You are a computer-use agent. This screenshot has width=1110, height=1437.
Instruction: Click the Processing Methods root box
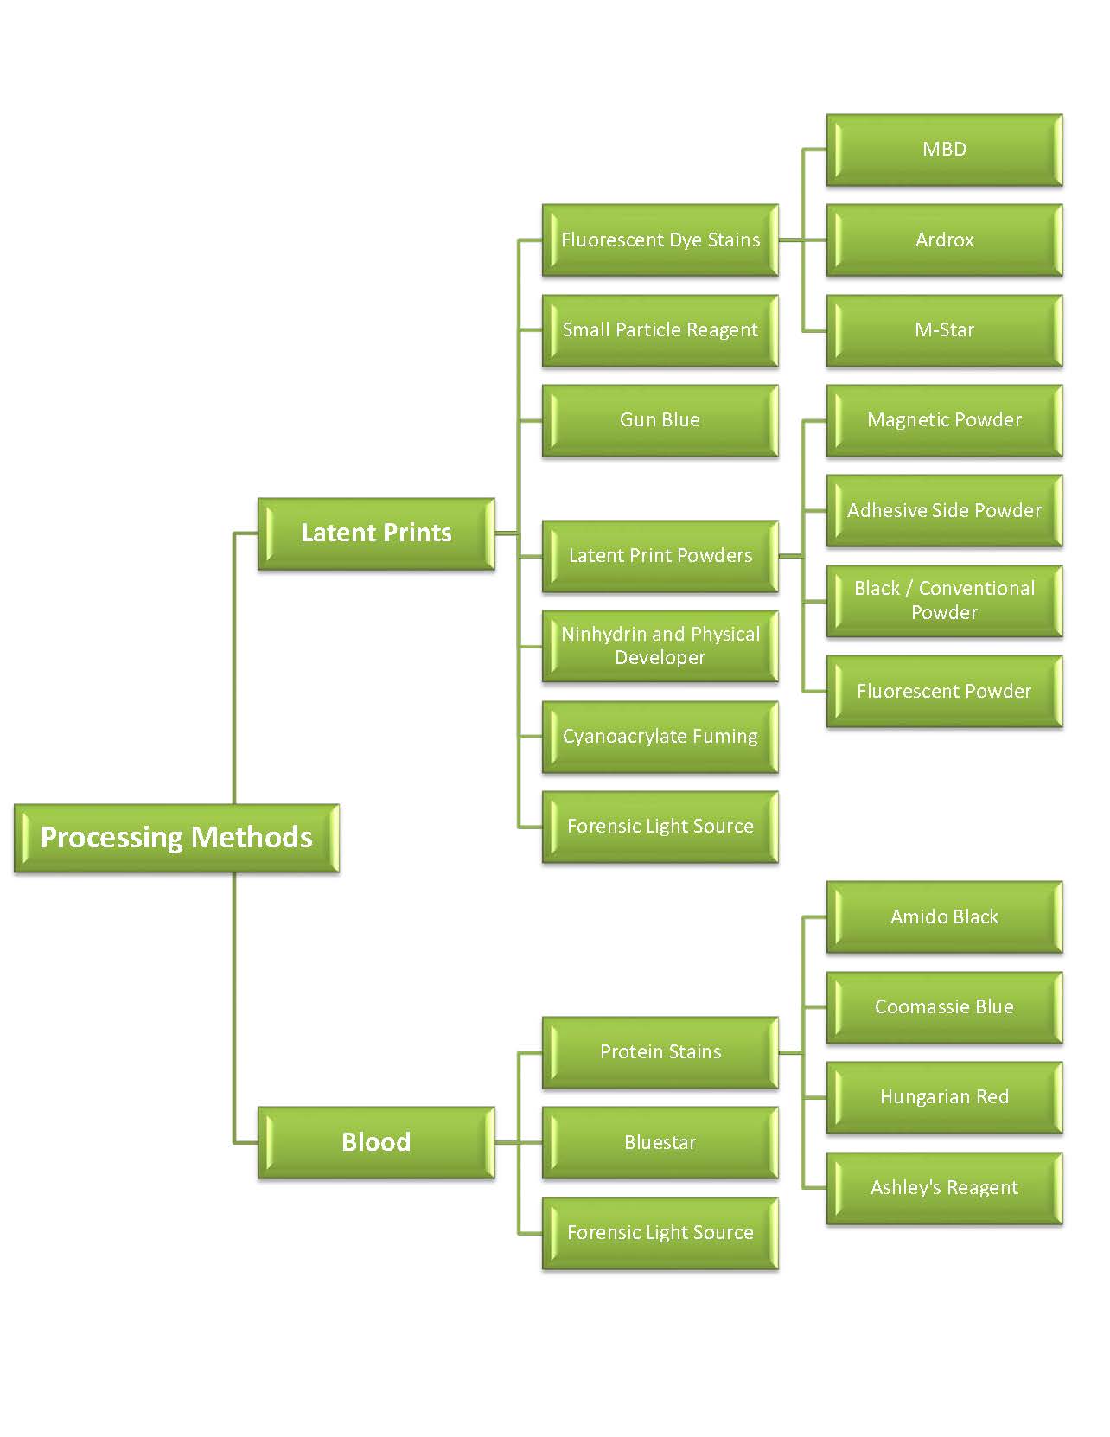176,838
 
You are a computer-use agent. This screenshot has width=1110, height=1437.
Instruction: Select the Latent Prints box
376,533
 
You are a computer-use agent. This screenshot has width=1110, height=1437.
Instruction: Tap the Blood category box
376,1142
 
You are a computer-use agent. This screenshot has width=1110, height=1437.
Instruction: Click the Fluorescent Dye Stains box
660,240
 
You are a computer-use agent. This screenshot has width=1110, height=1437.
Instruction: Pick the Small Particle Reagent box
660,330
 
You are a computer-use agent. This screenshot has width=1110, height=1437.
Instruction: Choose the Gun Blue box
660,420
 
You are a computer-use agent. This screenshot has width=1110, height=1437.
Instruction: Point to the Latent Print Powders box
660,555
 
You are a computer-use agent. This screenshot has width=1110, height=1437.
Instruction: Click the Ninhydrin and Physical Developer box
660,646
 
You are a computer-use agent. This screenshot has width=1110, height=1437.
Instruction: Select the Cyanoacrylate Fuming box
660,737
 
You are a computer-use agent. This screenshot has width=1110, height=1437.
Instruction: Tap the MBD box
944,150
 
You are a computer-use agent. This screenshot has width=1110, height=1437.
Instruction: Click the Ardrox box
944,240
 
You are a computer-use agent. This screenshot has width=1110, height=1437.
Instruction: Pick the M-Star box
944,330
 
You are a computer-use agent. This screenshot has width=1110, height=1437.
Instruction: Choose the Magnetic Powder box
944,420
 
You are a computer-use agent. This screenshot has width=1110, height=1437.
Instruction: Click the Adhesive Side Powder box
944,510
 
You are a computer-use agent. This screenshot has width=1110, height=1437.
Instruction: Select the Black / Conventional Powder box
944,601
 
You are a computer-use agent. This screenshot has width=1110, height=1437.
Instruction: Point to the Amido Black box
944,916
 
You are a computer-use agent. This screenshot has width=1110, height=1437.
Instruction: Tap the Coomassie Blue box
944,1007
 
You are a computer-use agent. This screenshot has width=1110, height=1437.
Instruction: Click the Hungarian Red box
944,1097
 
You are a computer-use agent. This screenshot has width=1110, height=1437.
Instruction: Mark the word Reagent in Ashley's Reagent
982,1188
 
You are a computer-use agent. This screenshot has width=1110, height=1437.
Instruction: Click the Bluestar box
660,1142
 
